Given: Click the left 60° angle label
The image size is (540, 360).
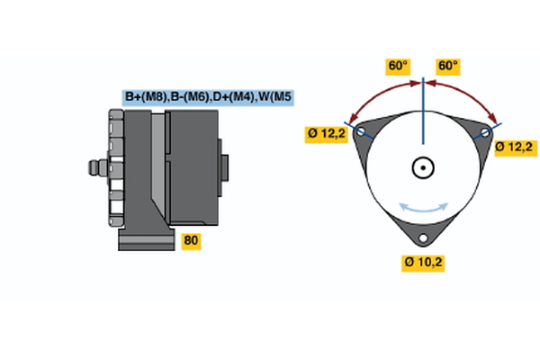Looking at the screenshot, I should [x=398, y=66].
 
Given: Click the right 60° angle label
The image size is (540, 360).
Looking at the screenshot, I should [x=447, y=66].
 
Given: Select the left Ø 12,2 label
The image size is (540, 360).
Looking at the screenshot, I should [x=326, y=135].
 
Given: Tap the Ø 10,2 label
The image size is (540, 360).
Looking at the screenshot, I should [x=423, y=262].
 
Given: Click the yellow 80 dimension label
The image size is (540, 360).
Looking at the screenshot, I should [x=191, y=240].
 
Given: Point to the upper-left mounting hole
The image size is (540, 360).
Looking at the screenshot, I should [x=362, y=132].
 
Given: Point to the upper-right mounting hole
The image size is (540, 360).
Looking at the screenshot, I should [x=485, y=132].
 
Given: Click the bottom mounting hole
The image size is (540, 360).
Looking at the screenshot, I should [x=423, y=238].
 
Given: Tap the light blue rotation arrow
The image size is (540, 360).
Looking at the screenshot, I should [x=423, y=208].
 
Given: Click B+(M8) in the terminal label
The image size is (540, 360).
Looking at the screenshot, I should [x=145, y=97].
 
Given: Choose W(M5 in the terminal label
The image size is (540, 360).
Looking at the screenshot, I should [x=274, y=97].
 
